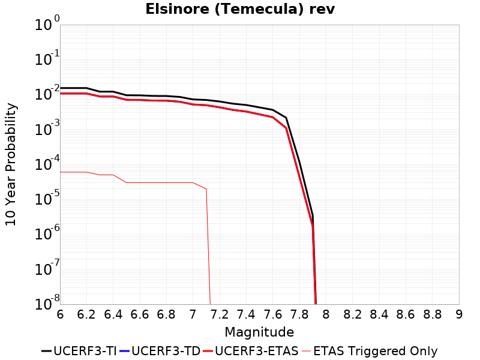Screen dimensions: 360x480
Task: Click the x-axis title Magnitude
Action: pyautogui.click(x=259, y=332)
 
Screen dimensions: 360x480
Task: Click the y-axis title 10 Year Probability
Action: pyautogui.click(x=11, y=164)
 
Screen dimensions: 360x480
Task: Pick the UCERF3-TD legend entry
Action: pyautogui.click(x=159, y=351)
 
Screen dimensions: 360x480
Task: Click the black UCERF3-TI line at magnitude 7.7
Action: pyautogui.click(x=286, y=118)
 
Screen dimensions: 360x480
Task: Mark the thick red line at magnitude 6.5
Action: pyautogui.click(x=127, y=100)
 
